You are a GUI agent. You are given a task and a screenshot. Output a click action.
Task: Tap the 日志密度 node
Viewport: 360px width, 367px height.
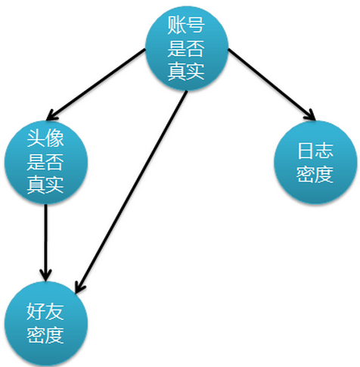314,160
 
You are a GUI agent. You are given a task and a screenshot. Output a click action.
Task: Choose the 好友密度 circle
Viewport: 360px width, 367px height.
45,322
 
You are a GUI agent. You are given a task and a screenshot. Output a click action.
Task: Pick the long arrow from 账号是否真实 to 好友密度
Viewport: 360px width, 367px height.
132,189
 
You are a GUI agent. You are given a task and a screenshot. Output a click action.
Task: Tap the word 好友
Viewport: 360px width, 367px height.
45,310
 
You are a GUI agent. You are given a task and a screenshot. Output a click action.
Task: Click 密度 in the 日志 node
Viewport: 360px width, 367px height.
314,173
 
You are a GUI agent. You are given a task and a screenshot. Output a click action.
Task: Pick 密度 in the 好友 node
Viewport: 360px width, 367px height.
45,334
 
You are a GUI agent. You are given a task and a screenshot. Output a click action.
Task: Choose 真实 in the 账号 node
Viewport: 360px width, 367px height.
186,71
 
